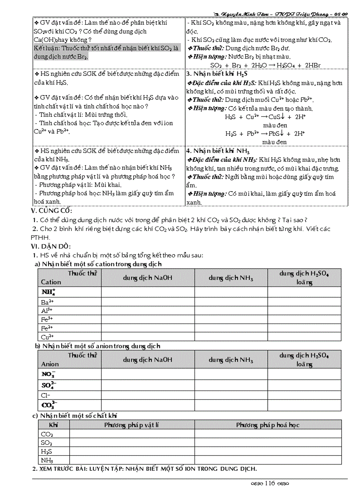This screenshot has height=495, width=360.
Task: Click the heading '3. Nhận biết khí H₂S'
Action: pyautogui.click(x=217, y=74)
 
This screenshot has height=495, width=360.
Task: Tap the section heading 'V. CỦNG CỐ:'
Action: pyautogui.click(x=52, y=211)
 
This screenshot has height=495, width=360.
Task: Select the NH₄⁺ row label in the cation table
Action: pyautogui.click(x=48, y=292)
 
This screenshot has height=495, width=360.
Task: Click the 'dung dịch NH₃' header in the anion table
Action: pyautogui.click(x=231, y=360)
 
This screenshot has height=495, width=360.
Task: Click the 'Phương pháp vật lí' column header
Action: pyautogui.click(x=131, y=425)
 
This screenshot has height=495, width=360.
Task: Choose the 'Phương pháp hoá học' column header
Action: pyautogui.click(x=268, y=425)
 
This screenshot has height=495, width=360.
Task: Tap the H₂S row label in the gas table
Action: pyautogui.click(x=46, y=451)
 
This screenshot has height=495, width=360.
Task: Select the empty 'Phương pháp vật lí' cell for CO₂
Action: pyautogui.click(x=131, y=434)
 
